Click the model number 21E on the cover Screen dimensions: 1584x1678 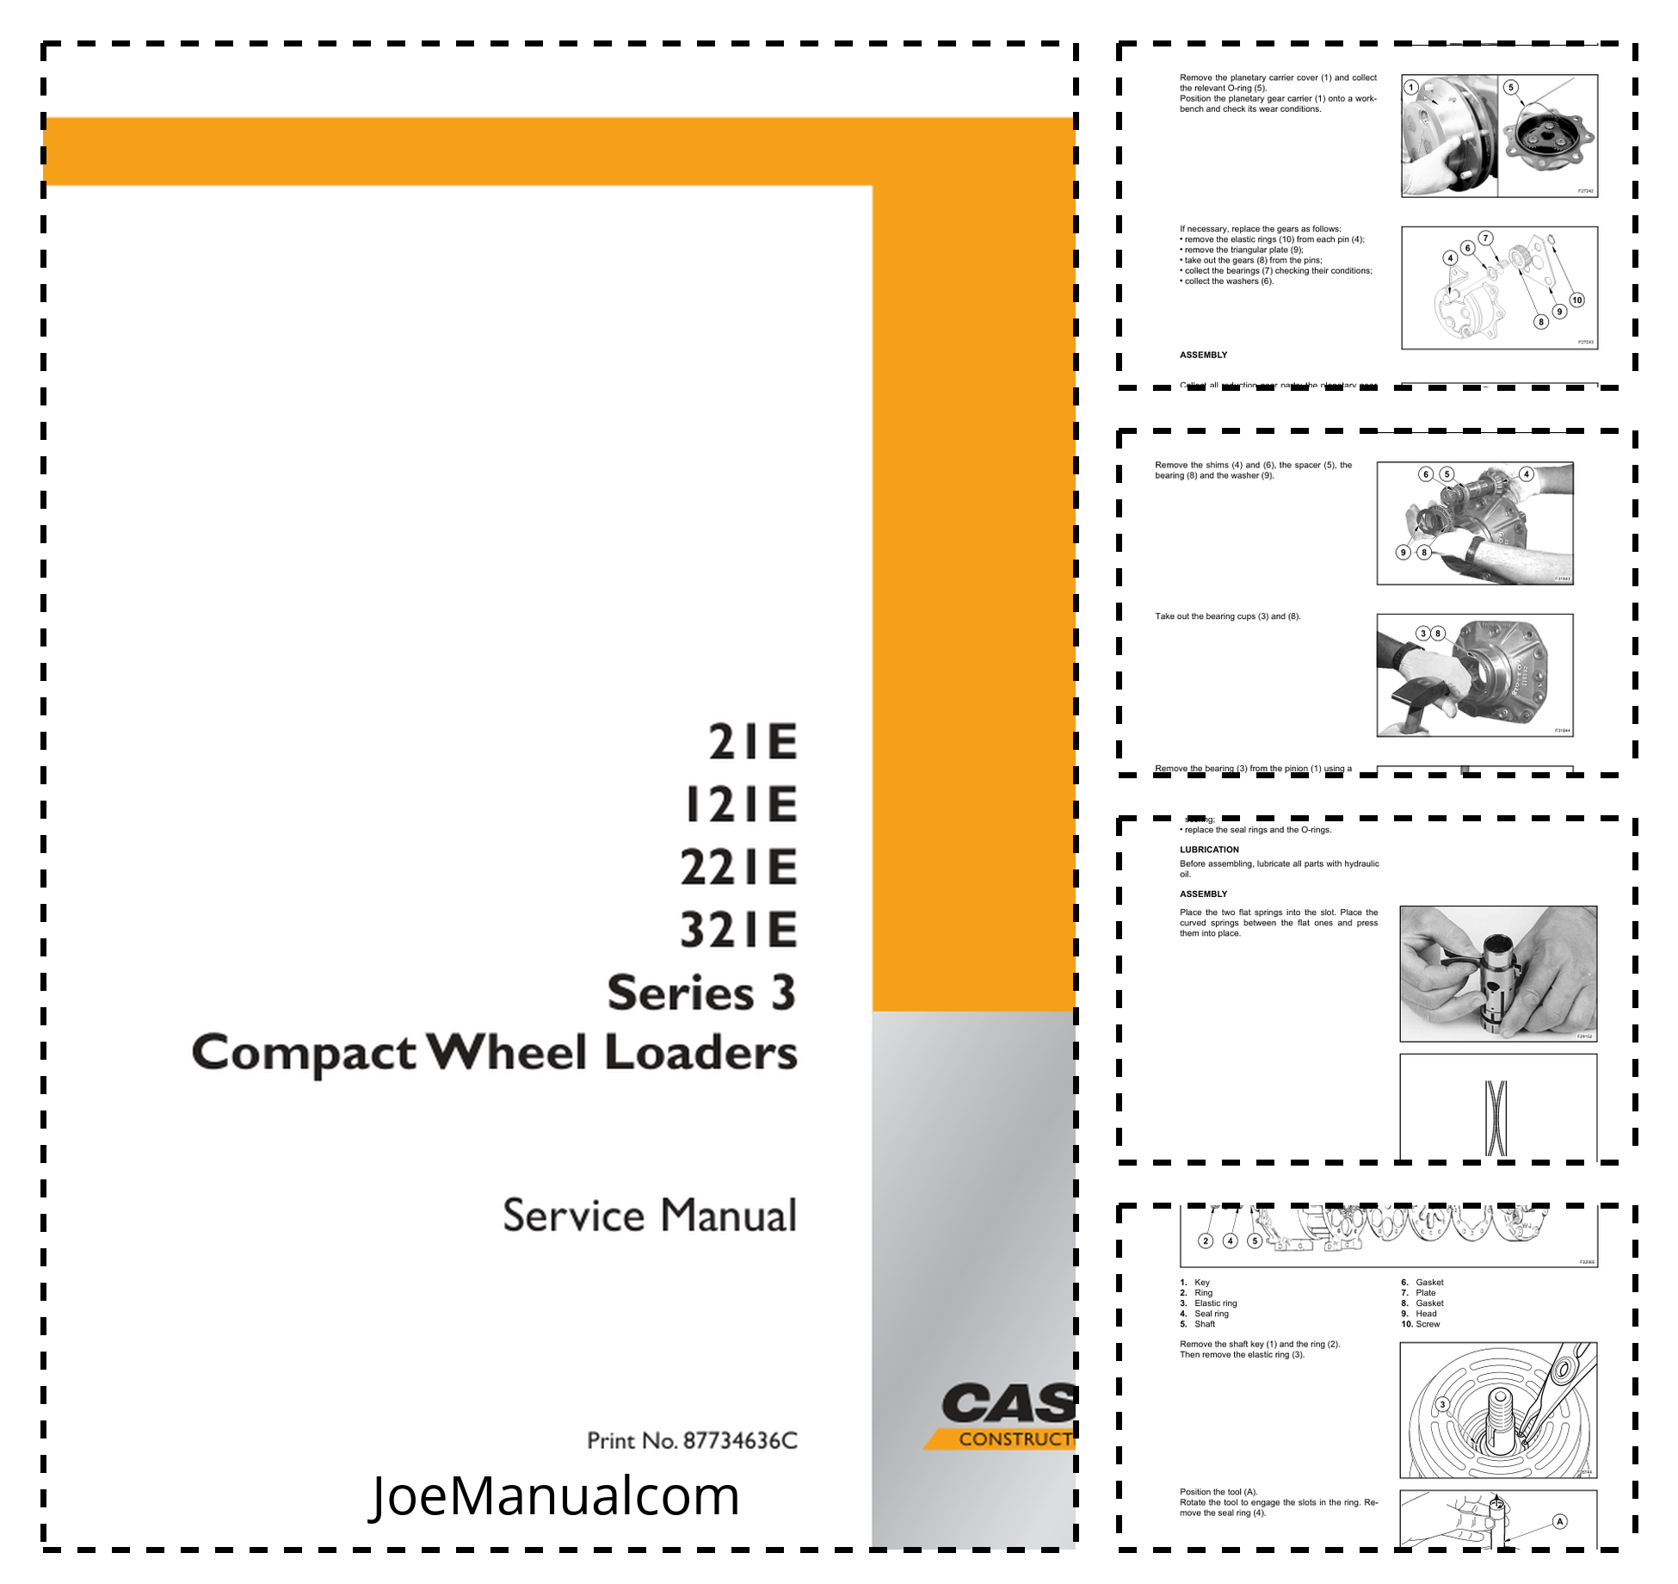tap(753, 742)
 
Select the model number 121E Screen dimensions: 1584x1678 tap(741, 805)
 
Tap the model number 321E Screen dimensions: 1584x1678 tap(738, 930)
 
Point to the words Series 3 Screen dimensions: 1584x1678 tap(701, 993)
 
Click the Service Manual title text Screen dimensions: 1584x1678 tap(650, 1216)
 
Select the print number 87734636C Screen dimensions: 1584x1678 tap(740, 1441)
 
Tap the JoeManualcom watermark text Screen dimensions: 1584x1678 tap(555, 1495)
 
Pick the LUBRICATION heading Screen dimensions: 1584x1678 tap(1209, 850)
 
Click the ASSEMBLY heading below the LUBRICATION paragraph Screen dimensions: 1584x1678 tap(1203, 894)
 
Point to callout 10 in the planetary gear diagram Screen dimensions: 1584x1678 tap(1576, 300)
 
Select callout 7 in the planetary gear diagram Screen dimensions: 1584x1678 tap(1485, 238)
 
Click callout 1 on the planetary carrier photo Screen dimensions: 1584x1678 tap(1410, 87)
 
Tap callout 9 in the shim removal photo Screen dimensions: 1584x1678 tap(1403, 553)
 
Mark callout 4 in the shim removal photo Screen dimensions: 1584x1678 tap(1526, 474)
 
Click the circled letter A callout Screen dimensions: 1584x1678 tap(1559, 1521)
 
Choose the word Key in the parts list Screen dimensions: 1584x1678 tap(1201, 1283)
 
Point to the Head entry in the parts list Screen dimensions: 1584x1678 tap(1426, 1314)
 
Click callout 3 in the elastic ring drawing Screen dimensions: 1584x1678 tap(1443, 1404)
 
